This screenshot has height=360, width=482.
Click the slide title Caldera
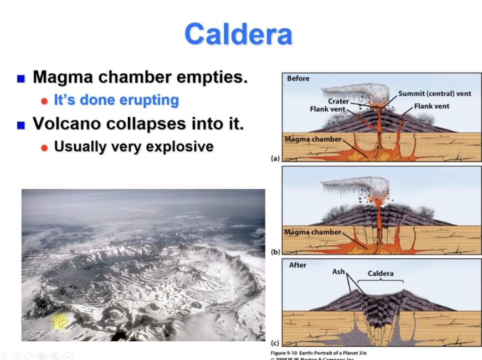click(238, 34)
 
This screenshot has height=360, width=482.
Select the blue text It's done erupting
click(116, 100)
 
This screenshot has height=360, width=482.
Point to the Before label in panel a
click(298, 78)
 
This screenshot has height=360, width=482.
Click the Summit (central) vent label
click(435, 93)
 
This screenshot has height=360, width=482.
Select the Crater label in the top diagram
click(338, 101)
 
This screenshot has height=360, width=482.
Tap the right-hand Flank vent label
click(431, 106)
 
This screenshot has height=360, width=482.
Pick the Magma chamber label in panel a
click(313, 139)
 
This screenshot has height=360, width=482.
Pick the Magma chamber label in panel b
click(313, 232)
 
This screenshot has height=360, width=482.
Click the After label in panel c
click(297, 265)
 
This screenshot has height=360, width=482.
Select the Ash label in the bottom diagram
click(339, 272)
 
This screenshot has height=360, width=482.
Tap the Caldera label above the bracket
click(380, 273)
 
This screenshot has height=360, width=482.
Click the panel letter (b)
click(275, 252)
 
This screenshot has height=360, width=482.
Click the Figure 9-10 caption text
click(318, 353)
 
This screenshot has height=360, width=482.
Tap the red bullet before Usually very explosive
click(44, 147)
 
